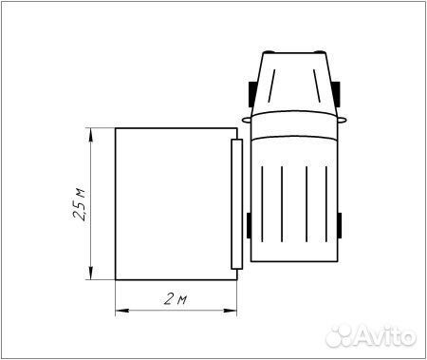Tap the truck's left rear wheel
point(248,226)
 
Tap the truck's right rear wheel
point(339,226)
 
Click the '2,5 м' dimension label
point(80,204)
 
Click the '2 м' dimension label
point(174,300)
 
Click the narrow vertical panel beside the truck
point(236,204)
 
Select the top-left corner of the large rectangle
point(115,129)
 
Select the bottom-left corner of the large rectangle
point(115,281)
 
